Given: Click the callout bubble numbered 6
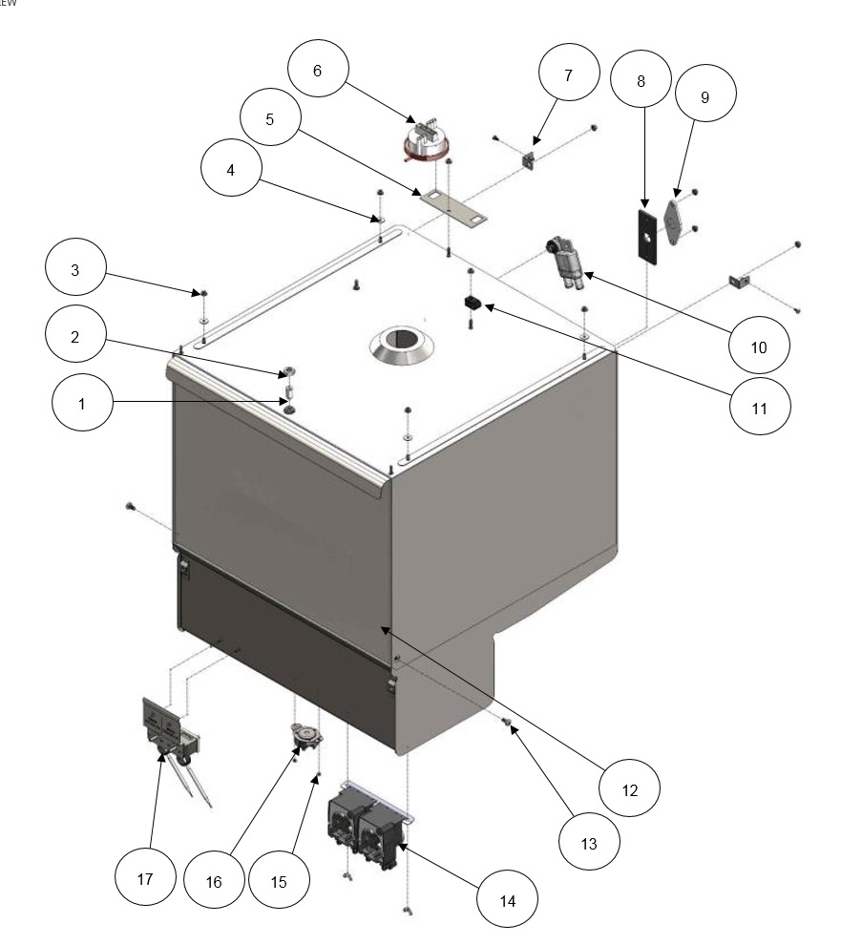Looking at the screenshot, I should (317, 72).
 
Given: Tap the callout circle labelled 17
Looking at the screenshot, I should (145, 879).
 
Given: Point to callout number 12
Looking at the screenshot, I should (630, 789).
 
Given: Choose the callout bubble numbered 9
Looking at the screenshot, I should (705, 97).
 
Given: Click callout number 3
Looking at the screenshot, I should (75, 270).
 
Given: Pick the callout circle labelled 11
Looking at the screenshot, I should (760, 408).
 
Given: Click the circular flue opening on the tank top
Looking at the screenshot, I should (400, 346).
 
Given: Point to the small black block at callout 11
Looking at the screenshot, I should (472, 304).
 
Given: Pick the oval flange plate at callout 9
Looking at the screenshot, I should (675, 224).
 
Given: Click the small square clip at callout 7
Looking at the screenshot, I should (531, 161).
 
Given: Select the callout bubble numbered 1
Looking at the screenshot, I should (82, 404).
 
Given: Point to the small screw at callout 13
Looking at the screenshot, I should (509, 724).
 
